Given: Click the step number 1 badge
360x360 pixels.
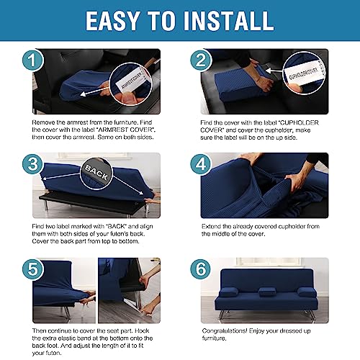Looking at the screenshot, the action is click(33, 60).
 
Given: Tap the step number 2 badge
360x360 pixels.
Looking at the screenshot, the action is click(201, 60).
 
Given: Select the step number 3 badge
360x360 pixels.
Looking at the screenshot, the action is click(33, 164).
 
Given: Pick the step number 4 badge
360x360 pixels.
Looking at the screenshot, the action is click(201, 164).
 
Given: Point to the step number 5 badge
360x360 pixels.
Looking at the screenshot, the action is click(33, 269).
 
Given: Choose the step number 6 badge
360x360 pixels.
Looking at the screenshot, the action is click(201, 269).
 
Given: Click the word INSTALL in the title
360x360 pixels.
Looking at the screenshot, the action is click(228, 21).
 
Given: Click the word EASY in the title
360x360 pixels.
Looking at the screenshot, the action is click(112, 21).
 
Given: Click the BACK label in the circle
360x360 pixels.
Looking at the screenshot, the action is click(96, 173).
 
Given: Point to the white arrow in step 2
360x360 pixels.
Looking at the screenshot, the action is click(274, 71).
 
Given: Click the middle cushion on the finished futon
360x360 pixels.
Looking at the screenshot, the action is click(266, 292).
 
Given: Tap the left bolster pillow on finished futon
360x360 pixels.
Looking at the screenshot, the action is click(229, 292).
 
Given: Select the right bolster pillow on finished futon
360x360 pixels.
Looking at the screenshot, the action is click(307, 292).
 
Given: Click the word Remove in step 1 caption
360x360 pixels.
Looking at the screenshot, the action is click(43, 122).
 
